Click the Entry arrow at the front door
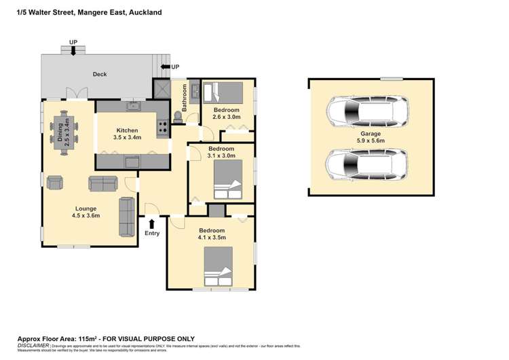(151, 223)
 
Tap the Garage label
(371, 134)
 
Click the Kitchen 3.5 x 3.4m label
(127, 134)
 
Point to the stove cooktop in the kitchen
(163, 126)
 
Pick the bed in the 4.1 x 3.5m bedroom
(219, 267)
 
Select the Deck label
(100, 75)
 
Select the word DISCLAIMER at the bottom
(34, 345)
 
